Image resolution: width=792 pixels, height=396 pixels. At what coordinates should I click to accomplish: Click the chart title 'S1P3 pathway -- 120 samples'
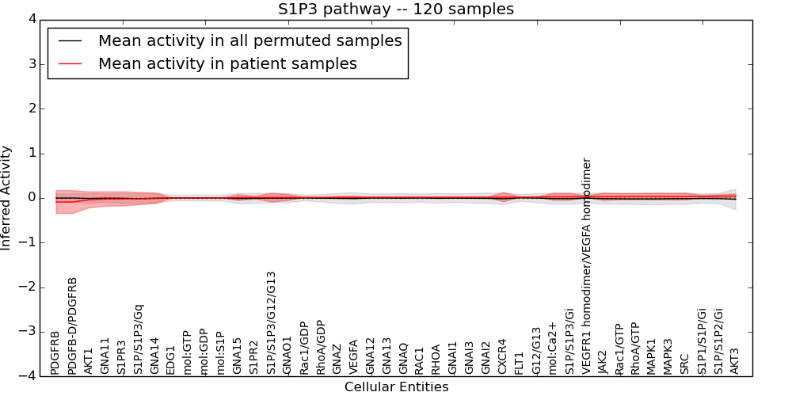[x=395, y=10]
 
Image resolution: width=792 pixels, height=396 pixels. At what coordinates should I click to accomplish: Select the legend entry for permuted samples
[x=249, y=41]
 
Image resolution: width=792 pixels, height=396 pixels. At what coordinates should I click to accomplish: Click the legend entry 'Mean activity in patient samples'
[x=227, y=64]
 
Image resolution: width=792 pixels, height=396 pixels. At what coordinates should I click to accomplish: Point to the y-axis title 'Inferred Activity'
[x=7, y=198]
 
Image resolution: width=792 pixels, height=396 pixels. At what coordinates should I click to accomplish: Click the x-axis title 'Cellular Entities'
[x=396, y=387]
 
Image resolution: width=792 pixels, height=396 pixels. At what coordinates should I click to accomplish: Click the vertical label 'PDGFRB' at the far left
[x=55, y=352]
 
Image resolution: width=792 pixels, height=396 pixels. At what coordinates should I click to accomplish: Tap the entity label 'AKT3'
[x=734, y=361]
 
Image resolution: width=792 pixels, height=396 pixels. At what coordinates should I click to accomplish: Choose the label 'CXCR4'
[x=502, y=356]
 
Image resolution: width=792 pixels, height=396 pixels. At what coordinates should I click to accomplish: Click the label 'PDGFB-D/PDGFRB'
[x=72, y=326]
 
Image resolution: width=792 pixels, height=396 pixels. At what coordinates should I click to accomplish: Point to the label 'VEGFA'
[x=353, y=356]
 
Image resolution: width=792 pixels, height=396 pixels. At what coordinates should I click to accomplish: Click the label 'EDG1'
[x=171, y=360]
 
